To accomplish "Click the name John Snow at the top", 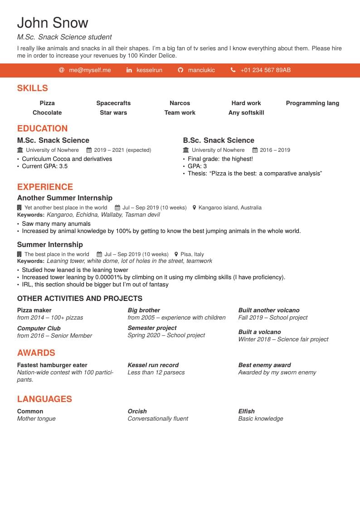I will [53, 23].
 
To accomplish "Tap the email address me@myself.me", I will [90, 70].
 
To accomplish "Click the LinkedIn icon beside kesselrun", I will [129, 70].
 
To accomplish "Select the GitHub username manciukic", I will [201, 70].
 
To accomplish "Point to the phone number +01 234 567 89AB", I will [265, 70].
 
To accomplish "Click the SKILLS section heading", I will [32, 88].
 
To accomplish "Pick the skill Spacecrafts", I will [113, 103].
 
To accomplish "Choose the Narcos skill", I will [180, 103].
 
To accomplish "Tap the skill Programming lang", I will [312, 103].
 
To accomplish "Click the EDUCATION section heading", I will [42, 129].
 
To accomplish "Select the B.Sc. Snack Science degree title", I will [219, 141].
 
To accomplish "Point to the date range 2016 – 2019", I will [275, 150].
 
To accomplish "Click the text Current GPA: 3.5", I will [45, 166].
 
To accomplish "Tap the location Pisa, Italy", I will [192, 254].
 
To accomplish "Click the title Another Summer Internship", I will [65, 198].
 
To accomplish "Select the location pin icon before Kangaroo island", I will [195, 208].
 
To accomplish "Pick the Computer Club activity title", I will [39, 329].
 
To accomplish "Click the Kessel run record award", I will [153, 365].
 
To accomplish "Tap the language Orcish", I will [137, 412].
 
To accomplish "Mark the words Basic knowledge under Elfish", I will [261, 419].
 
